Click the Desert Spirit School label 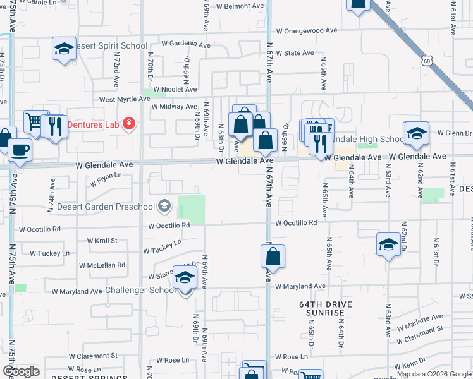coord(111,46)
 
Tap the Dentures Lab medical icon coord(129,123)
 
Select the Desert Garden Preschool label coord(106,207)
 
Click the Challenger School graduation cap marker coord(185,279)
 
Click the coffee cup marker coord(20,150)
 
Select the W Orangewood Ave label coord(306,30)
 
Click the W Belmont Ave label coord(241,6)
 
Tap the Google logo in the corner coord(21,371)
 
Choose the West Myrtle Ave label coord(123,99)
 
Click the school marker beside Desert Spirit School coord(64,49)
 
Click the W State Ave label coord(295,53)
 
